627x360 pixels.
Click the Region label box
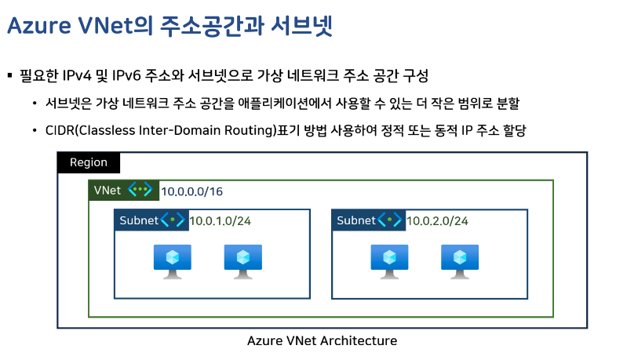coord(88,163)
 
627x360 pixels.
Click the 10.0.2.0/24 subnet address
coord(437,221)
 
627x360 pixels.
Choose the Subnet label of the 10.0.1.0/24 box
coord(138,220)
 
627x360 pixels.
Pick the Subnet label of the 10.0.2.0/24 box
coord(355,220)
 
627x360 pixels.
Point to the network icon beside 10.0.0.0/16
coord(141,191)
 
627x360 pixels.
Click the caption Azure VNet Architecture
coord(322,341)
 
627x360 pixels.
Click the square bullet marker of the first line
coord(10,76)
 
